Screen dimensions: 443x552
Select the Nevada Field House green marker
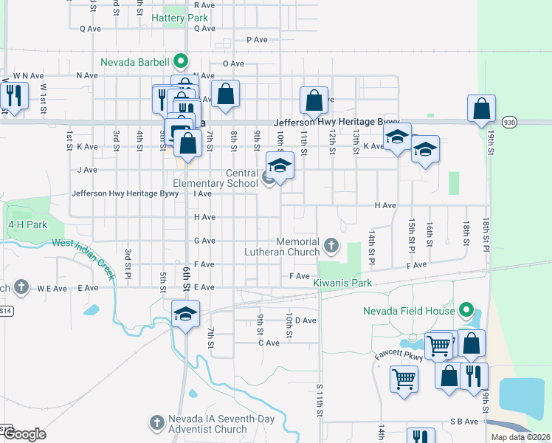point(465,310)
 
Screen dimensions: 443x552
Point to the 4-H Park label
point(22,224)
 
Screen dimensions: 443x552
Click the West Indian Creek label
point(83,259)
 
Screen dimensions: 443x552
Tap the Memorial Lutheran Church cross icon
point(331,244)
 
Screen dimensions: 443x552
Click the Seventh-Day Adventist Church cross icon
point(156,422)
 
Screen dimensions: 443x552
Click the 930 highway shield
point(509,121)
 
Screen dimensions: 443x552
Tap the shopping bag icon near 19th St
point(481,109)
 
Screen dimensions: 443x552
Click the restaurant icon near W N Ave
point(13,95)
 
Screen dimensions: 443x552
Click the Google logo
point(24,434)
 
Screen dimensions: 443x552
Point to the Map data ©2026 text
point(520,437)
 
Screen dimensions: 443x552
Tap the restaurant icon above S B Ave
point(421,438)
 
